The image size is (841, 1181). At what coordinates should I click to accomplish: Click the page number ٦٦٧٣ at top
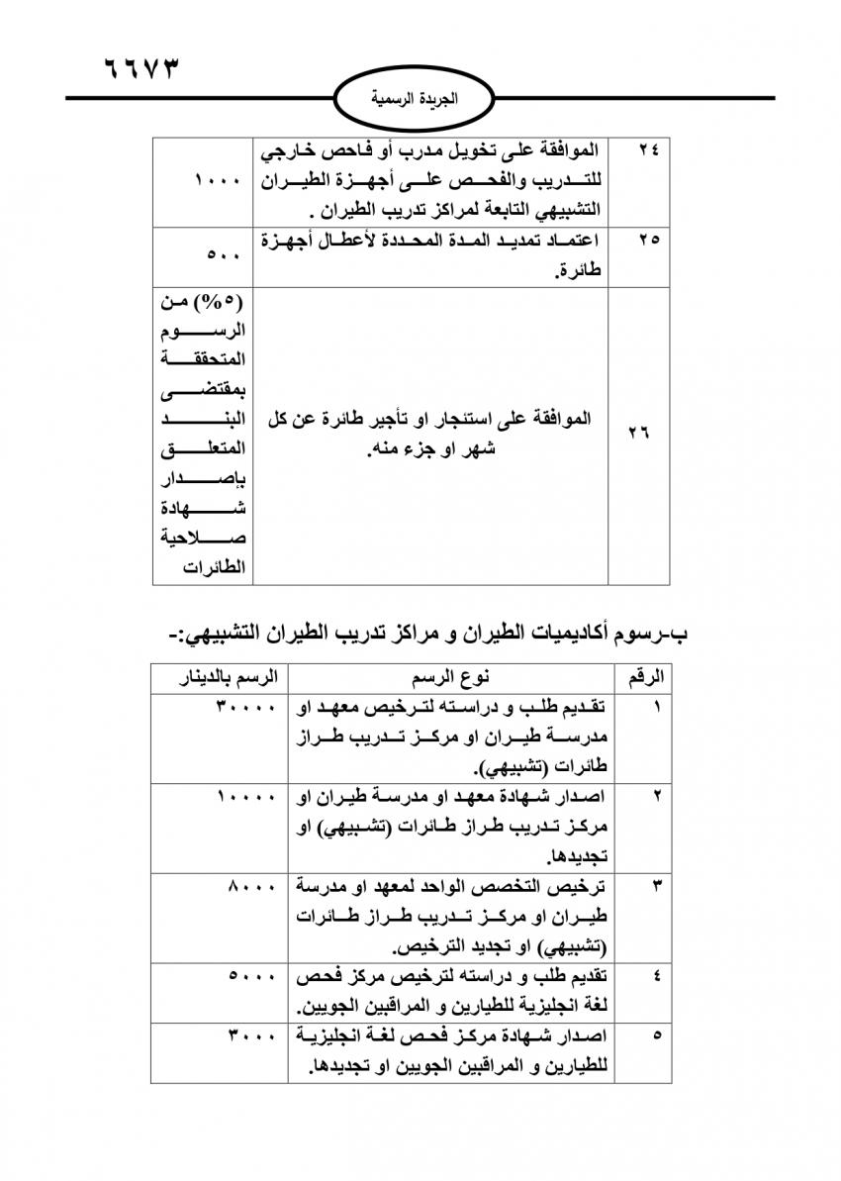coord(143,70)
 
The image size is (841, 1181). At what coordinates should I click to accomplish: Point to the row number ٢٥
coord(650,241)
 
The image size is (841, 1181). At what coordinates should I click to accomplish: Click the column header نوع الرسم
coord(455,678)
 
